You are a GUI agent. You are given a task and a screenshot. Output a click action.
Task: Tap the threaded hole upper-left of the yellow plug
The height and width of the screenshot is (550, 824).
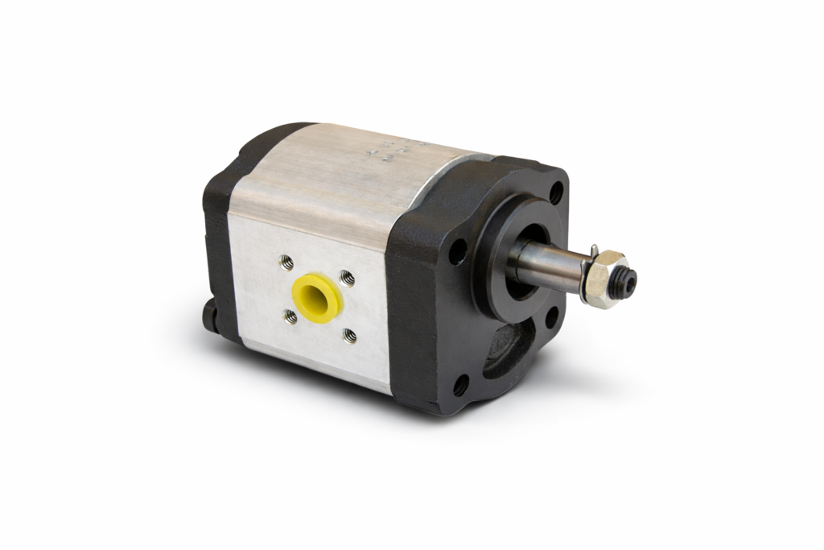[x=286, y=262]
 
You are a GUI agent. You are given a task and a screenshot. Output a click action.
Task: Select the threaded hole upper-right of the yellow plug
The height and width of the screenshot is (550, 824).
[x=347, y=278]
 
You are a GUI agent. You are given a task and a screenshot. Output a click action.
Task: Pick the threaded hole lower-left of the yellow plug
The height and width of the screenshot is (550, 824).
[x=290, y=317]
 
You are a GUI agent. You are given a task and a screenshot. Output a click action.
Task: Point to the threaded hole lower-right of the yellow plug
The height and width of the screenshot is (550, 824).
[x=350, y=335]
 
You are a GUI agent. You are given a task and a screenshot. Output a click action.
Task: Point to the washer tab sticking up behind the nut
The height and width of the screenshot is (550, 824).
[x=591, y=250]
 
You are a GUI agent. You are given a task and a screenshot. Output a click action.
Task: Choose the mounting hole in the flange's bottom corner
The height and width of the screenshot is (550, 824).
[x=461, y=386]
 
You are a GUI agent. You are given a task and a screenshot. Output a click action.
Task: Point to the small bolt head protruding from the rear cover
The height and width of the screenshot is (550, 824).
[x=211, y=312]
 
